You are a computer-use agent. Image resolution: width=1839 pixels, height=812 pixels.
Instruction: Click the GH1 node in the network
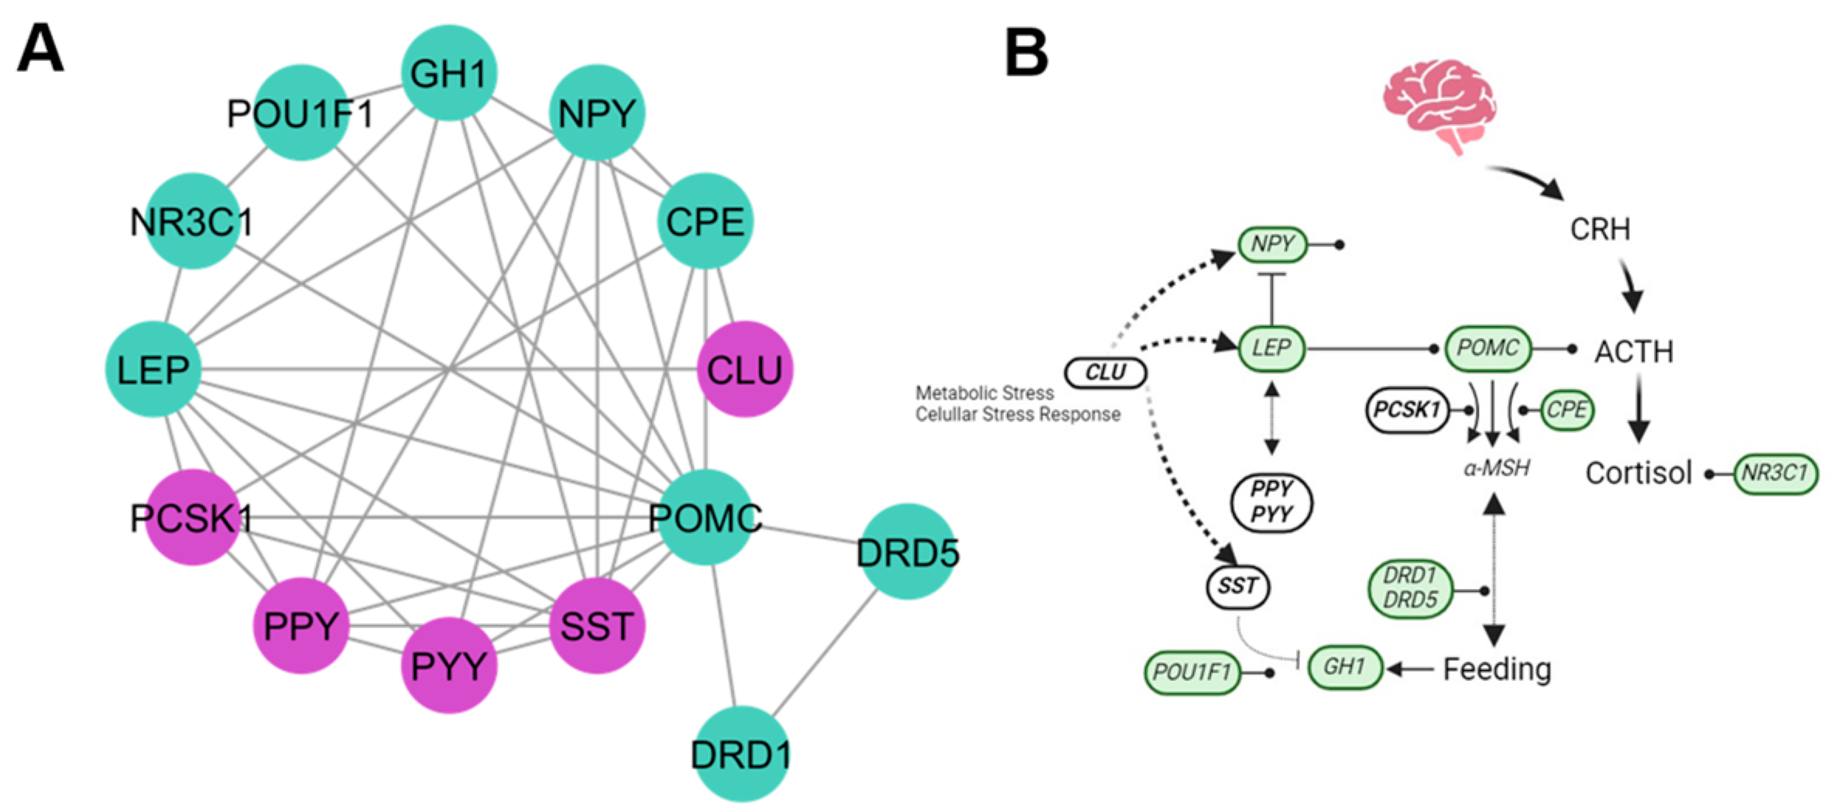(x=448, y=74)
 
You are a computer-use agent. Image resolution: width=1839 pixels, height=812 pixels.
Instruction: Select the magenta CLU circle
(x=745, y=370)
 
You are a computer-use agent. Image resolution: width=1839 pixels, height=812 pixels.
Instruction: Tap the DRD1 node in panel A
(x=741, y=754)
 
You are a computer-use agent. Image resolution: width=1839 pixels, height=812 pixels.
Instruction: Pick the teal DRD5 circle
(x=907, y=552)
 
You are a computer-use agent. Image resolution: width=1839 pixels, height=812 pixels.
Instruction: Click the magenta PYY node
(x=448, y=665)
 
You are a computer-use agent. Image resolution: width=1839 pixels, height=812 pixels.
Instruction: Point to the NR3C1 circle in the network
(x=192, y=222)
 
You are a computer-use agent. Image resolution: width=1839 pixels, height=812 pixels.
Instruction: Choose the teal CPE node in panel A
(x=705, y=222)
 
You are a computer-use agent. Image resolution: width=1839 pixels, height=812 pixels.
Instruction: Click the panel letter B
(x=1026, y=53)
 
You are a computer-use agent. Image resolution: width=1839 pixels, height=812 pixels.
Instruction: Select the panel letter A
(x=40, y=48)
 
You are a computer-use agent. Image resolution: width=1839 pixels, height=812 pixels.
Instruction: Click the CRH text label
(x=1600, y=229)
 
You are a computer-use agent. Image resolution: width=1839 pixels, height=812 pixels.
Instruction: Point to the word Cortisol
(x=1638, y=473)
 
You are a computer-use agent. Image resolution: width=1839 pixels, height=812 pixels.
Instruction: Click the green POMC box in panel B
(x=1487, y=349)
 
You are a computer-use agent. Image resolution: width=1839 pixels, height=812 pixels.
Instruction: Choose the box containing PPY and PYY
(x=1271, y=502)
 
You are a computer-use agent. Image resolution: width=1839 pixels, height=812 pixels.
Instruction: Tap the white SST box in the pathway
(x=1237, y=587)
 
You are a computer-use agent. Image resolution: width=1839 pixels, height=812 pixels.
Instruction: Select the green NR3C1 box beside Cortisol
(x=1774, y=473)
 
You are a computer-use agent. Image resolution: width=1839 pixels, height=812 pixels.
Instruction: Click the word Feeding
(x=1497, y=669)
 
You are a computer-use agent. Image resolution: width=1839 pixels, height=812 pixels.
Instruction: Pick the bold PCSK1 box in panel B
(x=1406, y=410)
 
